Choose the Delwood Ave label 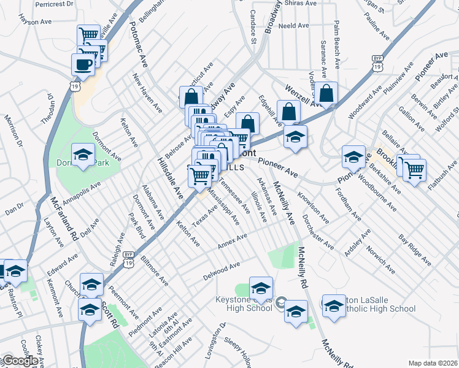(222, 271)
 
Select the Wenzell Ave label (303, 99)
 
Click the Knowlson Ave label (313, 209)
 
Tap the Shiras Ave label (302, 3)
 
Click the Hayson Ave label (35, 21)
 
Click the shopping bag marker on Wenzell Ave (326, 94)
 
